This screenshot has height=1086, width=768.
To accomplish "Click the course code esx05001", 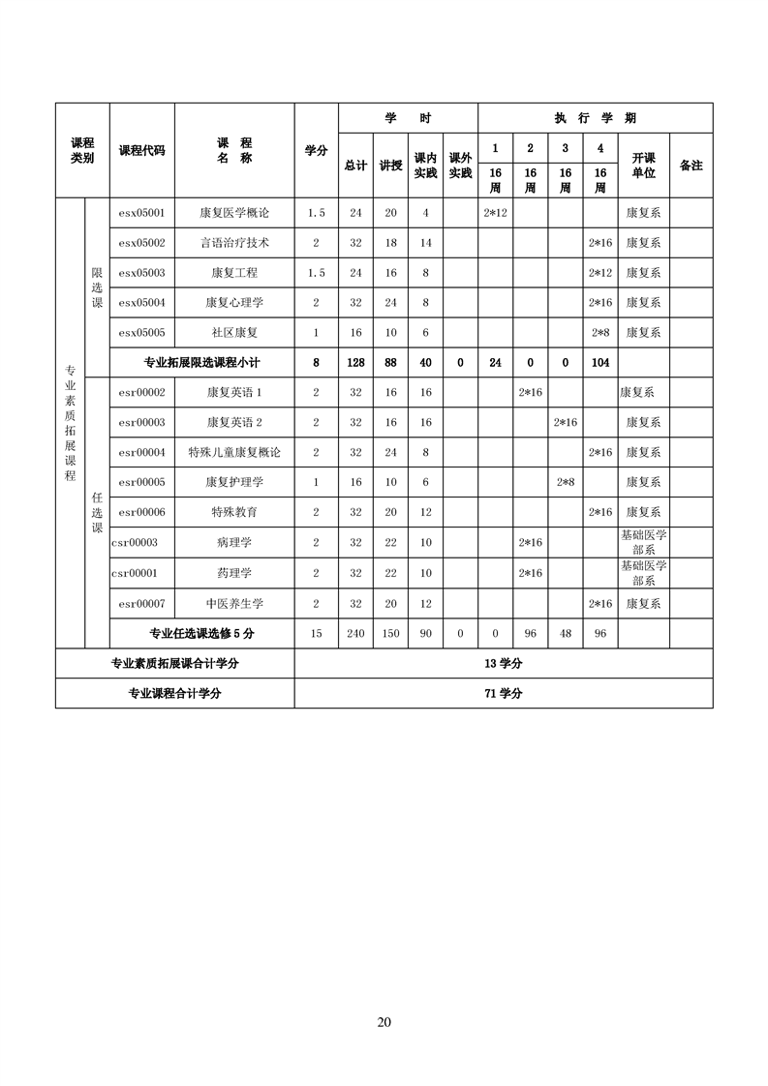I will pos(141,212).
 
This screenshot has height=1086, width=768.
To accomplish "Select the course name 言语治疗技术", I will pos(233,242).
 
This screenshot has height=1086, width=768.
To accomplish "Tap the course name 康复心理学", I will pos(233,302).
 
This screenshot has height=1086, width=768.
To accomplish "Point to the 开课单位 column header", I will pos(643,165).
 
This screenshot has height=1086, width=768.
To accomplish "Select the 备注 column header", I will pos(691,166).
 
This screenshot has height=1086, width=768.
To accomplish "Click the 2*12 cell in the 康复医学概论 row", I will pos(495,212).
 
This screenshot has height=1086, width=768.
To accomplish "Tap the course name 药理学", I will pos(233,573).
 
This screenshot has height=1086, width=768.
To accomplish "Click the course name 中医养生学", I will pos(233,603).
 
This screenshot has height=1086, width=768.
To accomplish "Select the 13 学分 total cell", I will pos(503,663).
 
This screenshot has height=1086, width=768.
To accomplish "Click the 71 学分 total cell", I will pos(503,693).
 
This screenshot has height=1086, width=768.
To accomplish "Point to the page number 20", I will pos(384,1022).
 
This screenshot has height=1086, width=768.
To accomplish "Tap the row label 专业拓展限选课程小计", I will pos(202,362).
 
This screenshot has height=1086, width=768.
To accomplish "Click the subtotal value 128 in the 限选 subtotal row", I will pos(355,362).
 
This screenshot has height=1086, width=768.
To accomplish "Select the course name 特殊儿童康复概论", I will pos(233,452).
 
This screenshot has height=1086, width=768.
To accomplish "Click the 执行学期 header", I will pos(595,118).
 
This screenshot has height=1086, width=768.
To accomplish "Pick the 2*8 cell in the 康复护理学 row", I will pos(565,482).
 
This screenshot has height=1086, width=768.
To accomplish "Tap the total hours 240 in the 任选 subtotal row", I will pos(355,633).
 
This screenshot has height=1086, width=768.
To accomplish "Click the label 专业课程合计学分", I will pos(175,693).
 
